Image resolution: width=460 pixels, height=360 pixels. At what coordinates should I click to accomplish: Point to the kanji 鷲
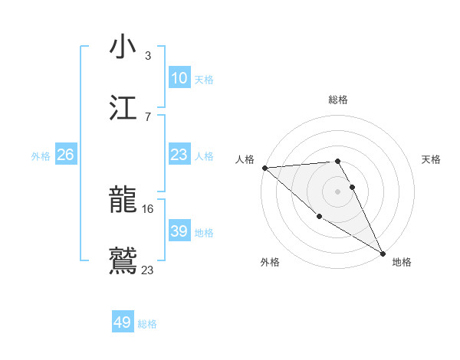pyautogui.click(x=123, y=260)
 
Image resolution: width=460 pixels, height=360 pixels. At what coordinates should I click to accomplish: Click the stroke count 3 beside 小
pyautogui.click(x=148, y=55)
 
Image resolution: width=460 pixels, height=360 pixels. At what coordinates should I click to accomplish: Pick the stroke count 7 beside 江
pyautogui.click(x=148, y=116)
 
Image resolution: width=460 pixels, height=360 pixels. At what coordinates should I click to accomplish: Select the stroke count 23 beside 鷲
pyautogui.click(x=148, y=270)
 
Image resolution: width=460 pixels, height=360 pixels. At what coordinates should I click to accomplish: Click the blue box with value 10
pyautogui.click(x=179, y=78)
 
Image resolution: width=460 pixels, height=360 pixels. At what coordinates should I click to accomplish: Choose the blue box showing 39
pyautogui.click(x=179, y=231)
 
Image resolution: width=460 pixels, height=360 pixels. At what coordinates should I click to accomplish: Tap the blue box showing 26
pyautogui.click(x=65, y=155)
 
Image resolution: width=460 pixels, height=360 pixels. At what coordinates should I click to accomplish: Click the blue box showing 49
pyautogui.click(x=123, y=322)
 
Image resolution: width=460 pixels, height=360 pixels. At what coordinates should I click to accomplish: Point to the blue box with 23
pyautogui.click(x=179, y=155)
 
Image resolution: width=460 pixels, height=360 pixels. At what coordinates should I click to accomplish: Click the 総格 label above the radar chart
pyautogui.click(x=338, y=100)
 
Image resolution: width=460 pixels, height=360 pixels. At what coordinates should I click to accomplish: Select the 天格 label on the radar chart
pyautogui.click(x=431, y=159)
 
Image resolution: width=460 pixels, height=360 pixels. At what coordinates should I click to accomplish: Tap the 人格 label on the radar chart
pyautogui.click(x=245, y=159)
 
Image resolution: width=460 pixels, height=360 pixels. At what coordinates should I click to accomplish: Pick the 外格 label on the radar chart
pyautogui.click(x=270, y=262)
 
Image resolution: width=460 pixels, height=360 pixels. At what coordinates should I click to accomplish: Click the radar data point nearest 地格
pyautogui.click(x=383, y=252)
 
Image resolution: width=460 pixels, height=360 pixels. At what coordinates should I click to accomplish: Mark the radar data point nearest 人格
pyautogui.click(x=264, y=168)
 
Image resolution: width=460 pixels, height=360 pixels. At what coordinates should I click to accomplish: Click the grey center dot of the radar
pyautogui.click(x=338, y=191)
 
